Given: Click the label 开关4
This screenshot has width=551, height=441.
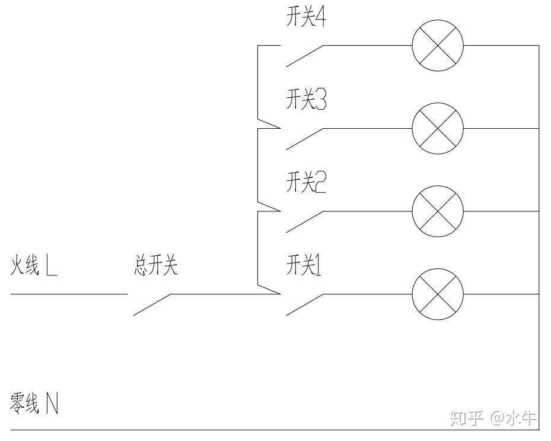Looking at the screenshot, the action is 306,18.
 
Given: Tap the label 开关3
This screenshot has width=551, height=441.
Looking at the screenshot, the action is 306,101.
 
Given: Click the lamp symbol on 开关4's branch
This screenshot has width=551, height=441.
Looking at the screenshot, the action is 438,45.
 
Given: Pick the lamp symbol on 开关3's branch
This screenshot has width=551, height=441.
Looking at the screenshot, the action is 438,128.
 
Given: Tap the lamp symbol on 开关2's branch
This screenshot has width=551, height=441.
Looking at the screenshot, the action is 438,211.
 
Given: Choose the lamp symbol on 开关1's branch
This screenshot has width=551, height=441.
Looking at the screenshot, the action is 438,294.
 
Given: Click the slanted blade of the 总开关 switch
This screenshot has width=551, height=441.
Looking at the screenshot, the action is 152,304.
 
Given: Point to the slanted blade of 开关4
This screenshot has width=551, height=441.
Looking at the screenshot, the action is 304,56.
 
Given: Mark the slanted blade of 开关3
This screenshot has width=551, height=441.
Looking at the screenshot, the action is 304,139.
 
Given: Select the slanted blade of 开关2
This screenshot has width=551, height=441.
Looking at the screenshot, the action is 304,221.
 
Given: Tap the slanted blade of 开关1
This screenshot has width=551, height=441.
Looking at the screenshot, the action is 304,304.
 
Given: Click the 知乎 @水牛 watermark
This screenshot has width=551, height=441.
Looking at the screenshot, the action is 493,418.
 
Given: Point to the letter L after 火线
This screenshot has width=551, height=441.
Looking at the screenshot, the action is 52,267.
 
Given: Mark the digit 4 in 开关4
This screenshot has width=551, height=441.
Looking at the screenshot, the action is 321,18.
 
